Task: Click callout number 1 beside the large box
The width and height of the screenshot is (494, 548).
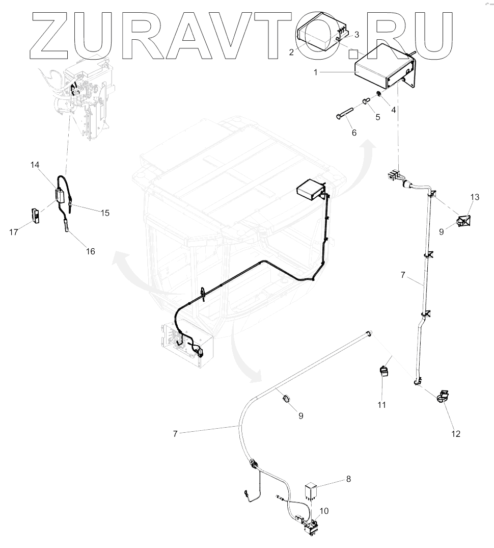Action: tap(316, 72)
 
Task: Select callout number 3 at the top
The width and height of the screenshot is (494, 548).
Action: tap(356, 34)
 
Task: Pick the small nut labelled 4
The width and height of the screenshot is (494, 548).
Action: tap(379, 94)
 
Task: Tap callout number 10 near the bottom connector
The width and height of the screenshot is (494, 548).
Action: tap(324, 510)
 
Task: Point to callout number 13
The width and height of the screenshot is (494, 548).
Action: tap(475, 197)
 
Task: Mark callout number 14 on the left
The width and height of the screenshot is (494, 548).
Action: tap(35, 165)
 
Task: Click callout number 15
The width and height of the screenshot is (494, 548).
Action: tap(104, 213)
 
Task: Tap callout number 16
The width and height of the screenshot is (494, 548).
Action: tap(90, 251)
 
